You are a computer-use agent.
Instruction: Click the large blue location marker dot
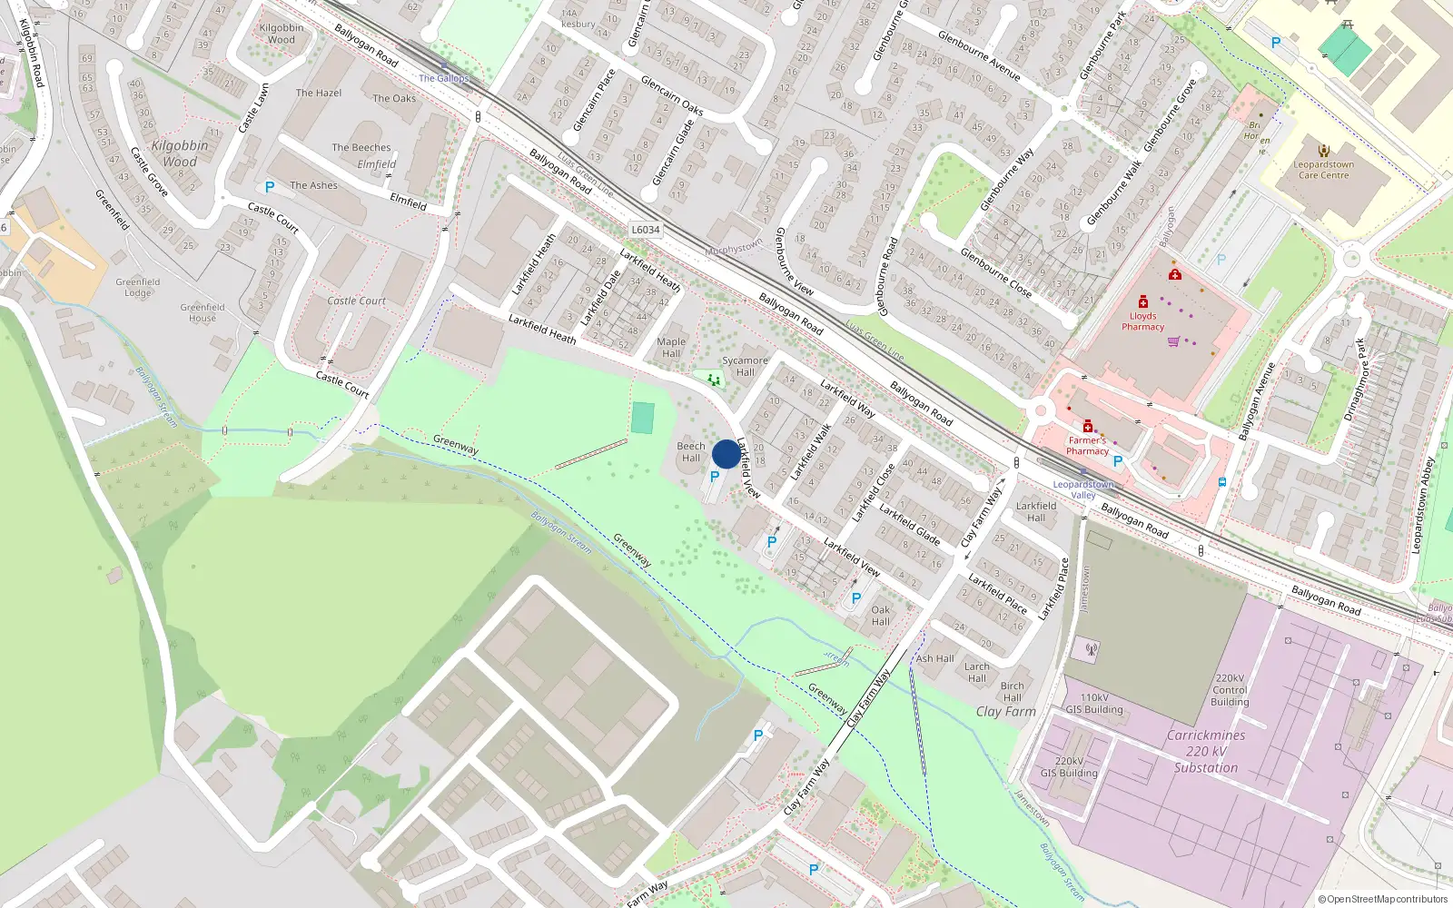click(x=726, y=454)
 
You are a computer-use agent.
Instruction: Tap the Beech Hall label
click(x=691, y=452)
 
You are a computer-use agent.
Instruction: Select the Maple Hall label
click(x=671, y=348)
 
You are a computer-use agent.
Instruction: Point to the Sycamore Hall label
click(x=745, y=366)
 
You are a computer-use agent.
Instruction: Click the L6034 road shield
click(x=646, y=230)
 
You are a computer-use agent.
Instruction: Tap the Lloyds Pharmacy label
click(x=1142, y=321)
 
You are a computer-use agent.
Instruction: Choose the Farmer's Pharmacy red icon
click(x=1088, y=425)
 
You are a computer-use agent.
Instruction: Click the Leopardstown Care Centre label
click(x=1323, y=170)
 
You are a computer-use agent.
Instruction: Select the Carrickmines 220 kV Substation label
click(x=1205, y=752)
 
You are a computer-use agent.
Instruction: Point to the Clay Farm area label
click(x=1005, y=712)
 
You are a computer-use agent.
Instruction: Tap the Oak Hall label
click(x=881, y=616)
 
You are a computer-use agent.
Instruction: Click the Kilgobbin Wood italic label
click(x=180, y=153)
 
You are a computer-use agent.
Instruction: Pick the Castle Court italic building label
click(x=356, y=301)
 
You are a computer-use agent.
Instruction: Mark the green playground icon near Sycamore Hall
click(x=714, y=380)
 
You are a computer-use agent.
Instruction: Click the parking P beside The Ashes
click(x=269, y=187)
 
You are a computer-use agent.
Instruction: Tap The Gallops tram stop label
click(x=443, y=78)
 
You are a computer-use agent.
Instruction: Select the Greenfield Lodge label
click(x=138, y=287)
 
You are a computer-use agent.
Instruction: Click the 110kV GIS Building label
click(x=1094, y=704)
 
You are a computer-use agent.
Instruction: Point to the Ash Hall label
click(x=934, y=658)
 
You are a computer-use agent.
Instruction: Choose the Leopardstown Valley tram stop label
click(x=1083, y=489)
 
